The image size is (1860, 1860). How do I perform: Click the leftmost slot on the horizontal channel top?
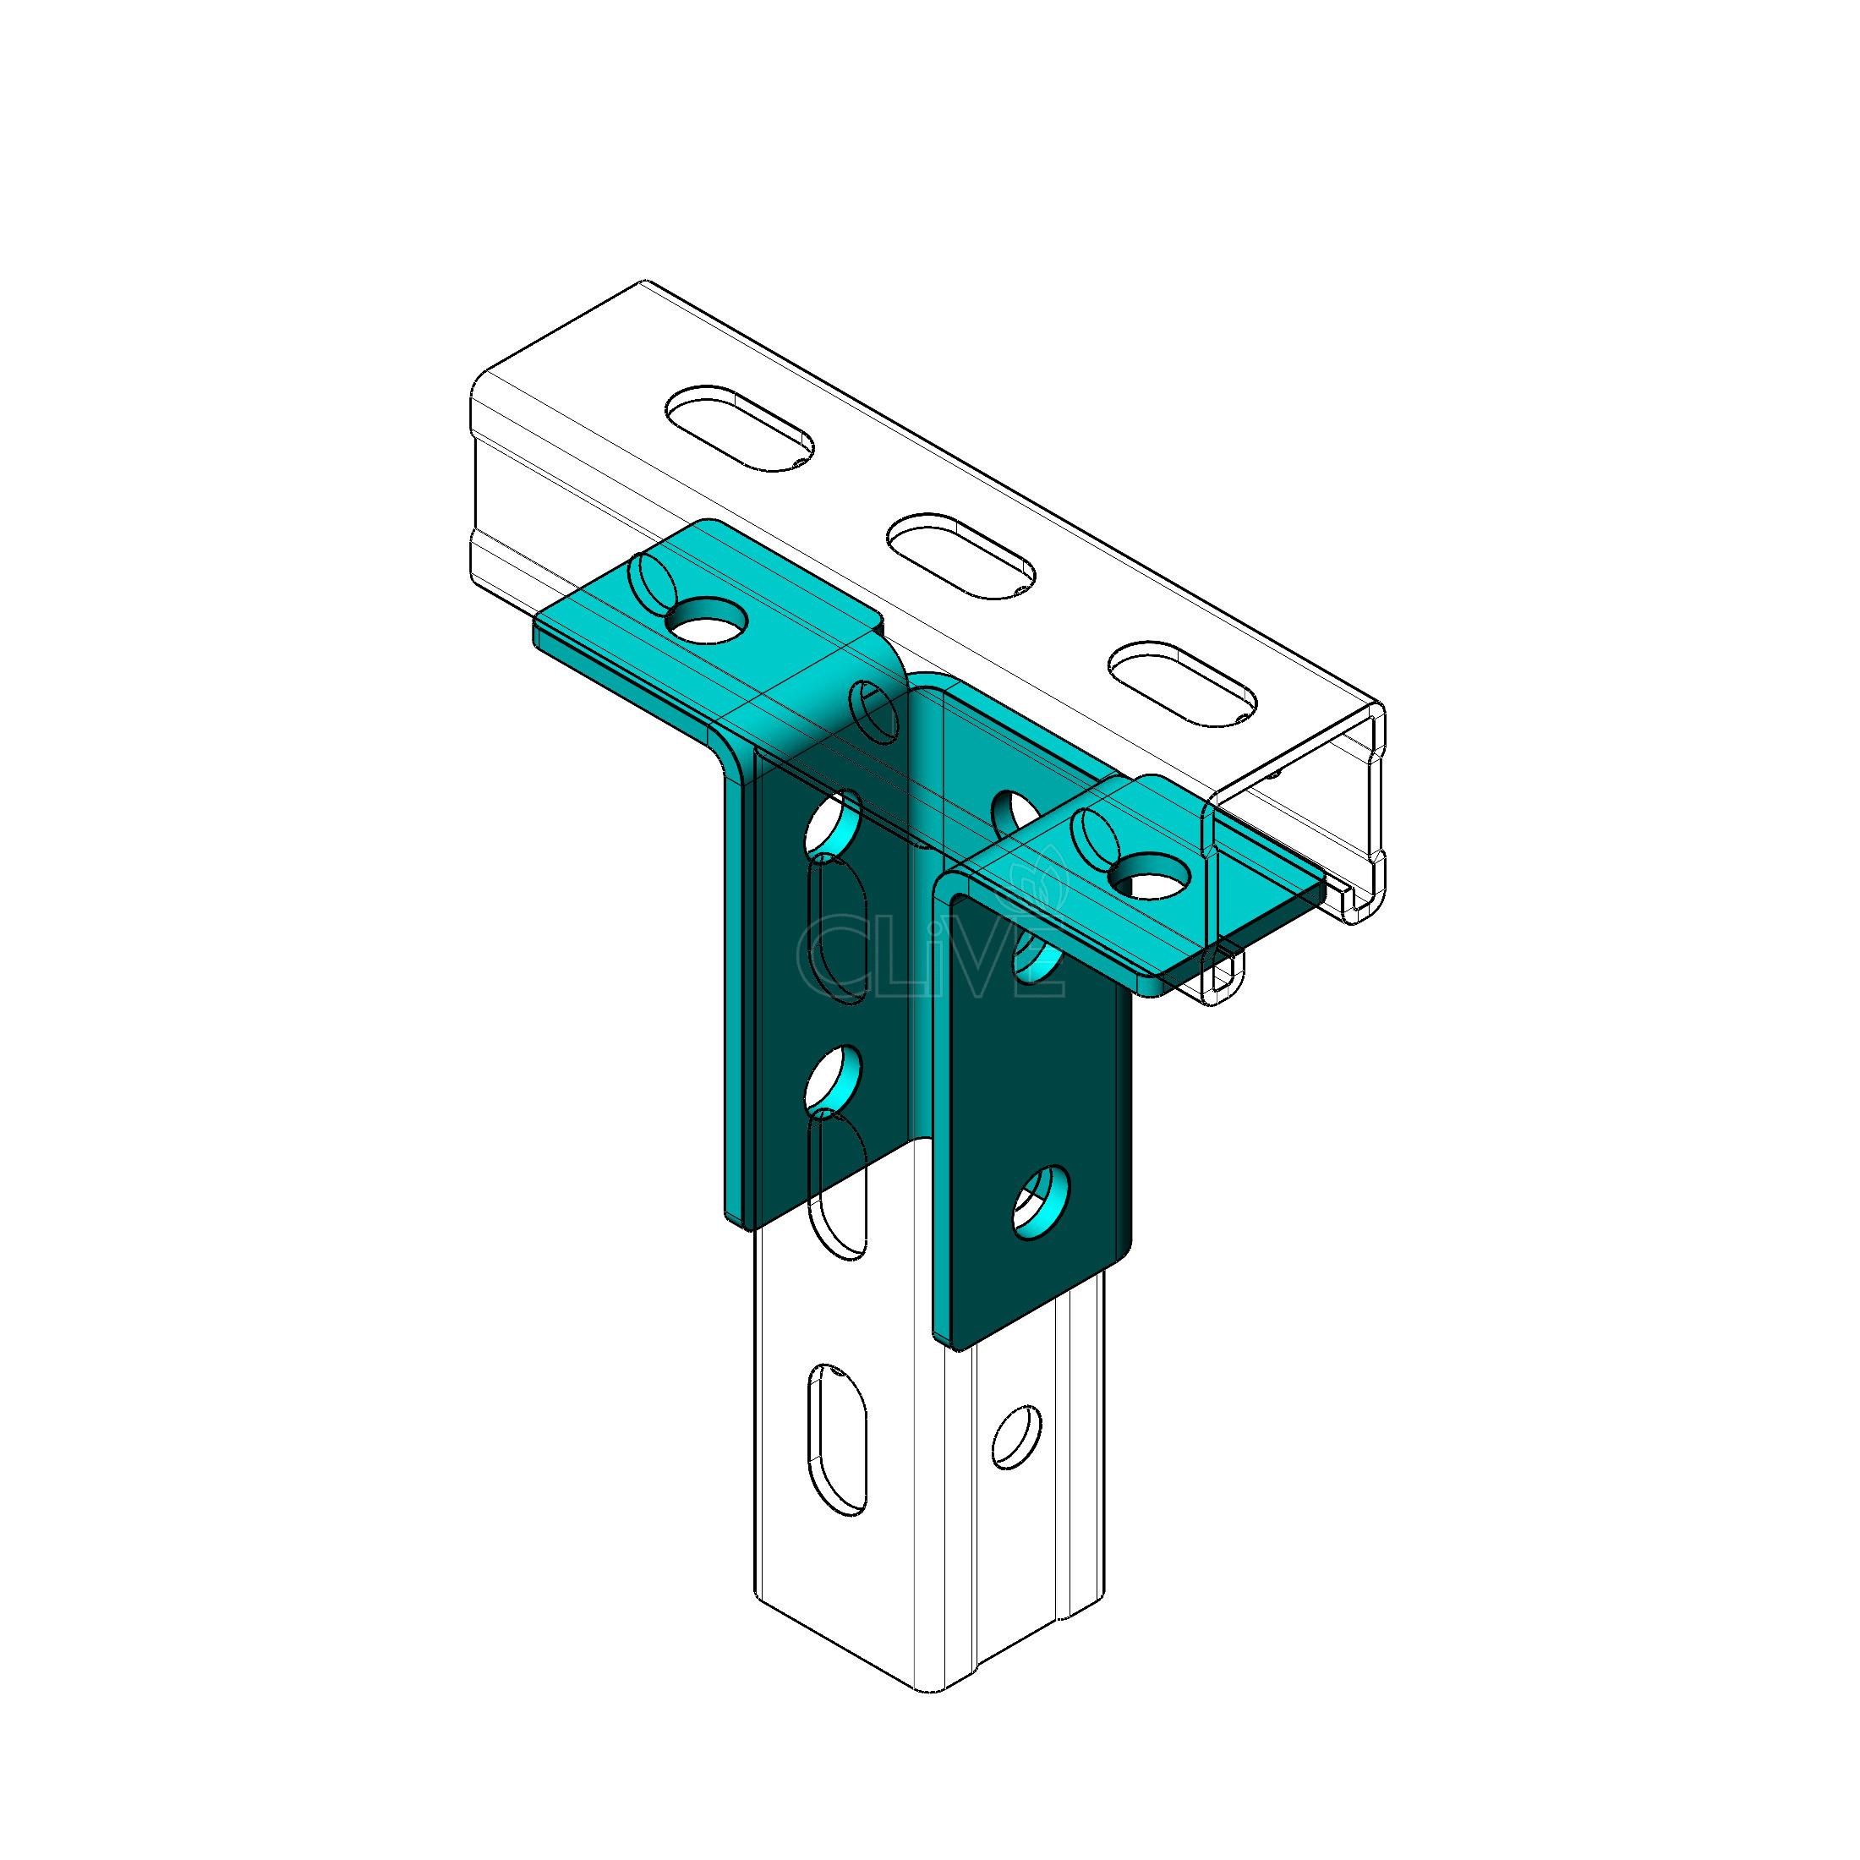pos(740,429)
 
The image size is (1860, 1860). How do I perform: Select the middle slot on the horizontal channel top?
pos(960,555)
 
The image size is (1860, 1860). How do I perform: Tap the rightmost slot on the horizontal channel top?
pos(1182,683)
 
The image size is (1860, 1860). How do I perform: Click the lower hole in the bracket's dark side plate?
pos(1042,1201)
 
